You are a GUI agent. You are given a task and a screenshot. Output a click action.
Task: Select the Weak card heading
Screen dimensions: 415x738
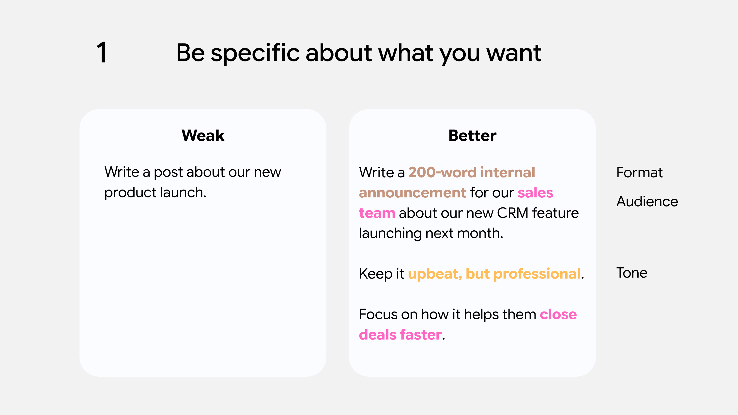tap(203, 135)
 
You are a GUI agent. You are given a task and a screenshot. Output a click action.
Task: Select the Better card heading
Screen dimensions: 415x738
tap(472, 135)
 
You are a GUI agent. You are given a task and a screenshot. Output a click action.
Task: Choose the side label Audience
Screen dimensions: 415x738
tap(647, 201)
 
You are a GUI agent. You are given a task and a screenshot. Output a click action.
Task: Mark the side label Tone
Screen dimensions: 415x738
tap(631, 273)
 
